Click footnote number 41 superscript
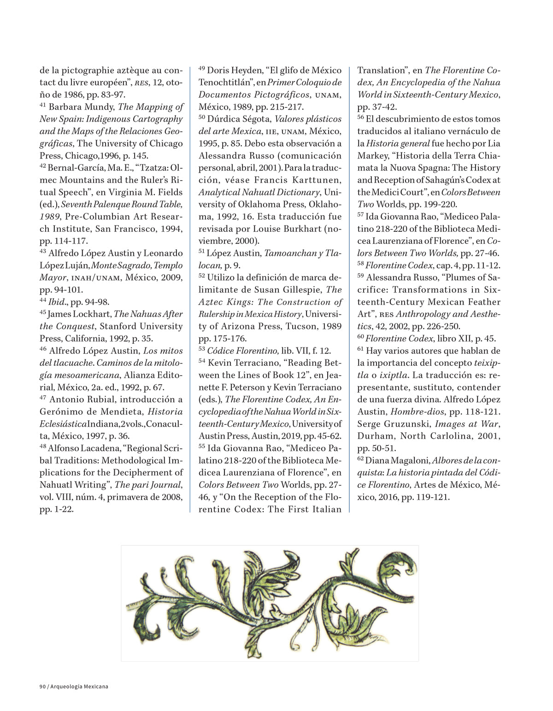43,106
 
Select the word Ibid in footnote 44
56,302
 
